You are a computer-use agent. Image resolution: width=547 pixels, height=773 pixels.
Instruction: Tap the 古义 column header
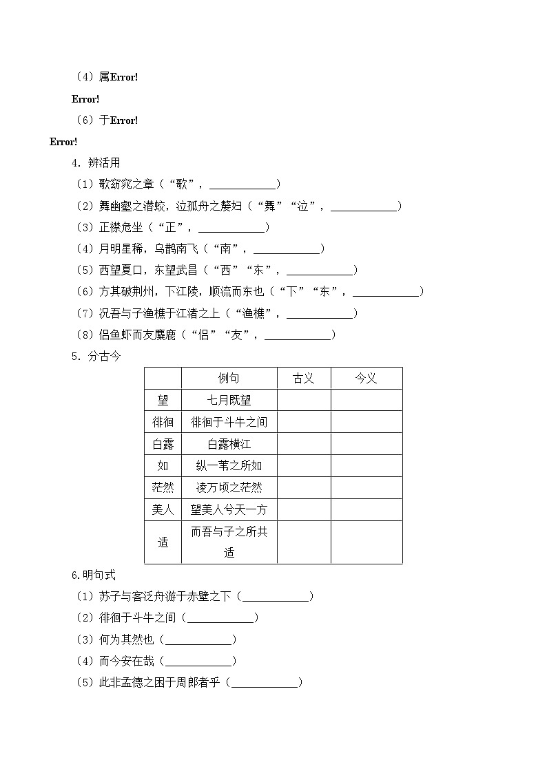(x=304, y=379)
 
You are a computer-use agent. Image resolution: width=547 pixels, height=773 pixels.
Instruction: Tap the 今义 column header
(x=366, y=379)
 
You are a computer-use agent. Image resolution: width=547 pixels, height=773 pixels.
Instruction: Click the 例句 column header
(x=229, y=379)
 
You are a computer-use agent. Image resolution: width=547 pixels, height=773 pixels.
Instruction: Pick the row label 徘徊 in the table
(x=163, y=422)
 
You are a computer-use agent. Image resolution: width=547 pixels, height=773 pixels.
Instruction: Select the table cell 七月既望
(x=229, y=400)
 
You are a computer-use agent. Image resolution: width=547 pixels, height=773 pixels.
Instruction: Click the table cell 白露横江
(x=229, y=444)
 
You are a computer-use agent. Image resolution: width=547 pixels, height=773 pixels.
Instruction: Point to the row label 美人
(x=163, y=510)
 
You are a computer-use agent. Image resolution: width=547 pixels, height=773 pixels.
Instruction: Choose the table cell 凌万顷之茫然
(x=229, y=488)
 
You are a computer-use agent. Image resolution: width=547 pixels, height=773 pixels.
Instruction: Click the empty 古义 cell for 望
(x=304, y=400)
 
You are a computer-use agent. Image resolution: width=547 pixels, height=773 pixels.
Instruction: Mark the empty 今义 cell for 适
(x=366, y=542)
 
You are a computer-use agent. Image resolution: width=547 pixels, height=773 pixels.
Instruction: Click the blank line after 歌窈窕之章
(x=242, y=184)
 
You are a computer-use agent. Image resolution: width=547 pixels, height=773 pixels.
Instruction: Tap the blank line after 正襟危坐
(x=231, y=228)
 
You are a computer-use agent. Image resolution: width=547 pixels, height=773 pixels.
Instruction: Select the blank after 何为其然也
(x=198, y=640)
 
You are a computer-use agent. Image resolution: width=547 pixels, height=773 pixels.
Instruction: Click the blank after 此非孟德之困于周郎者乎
(x=264, y=683)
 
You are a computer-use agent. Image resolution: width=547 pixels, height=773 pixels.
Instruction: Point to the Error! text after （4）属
(x=124, y=78)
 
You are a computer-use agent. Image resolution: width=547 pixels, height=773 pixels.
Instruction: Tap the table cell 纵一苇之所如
(x=229, y=466)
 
